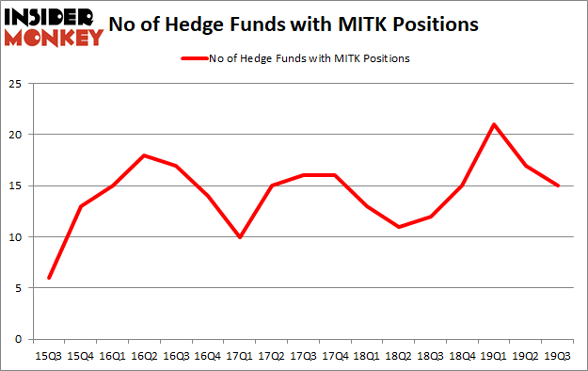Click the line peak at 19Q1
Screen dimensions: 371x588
pos(494,124)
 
